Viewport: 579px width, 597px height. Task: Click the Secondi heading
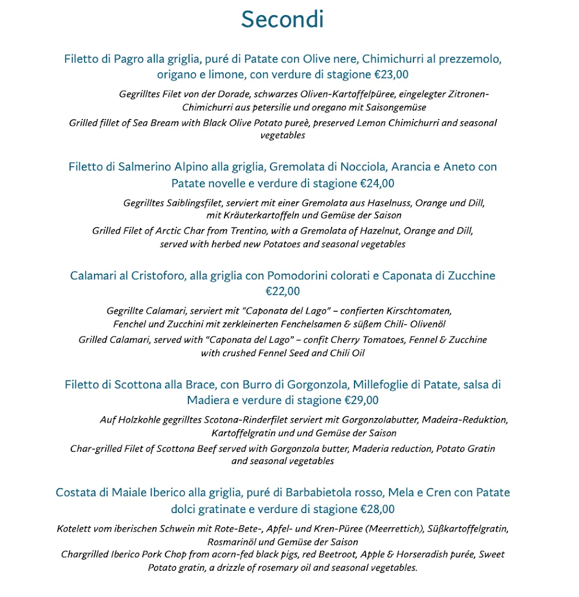pos(282,19)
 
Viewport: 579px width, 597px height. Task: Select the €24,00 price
pos(377,184)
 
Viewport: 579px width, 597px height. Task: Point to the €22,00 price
pos(283,292)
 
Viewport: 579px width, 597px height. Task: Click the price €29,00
pos(361,401)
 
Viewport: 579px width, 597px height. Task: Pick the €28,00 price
pos(377,509)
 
